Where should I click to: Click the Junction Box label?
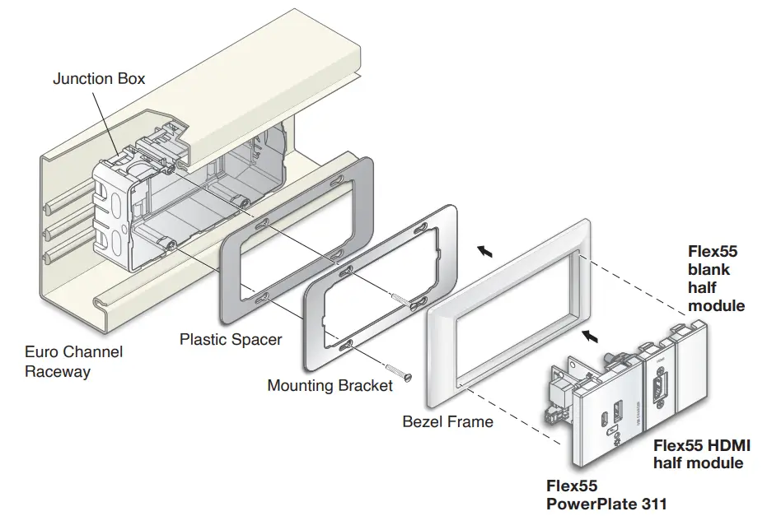point(99,79)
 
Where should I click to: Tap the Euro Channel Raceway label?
point(73,361)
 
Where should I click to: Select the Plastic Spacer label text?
point(231,339)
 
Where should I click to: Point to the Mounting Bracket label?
point(330,385)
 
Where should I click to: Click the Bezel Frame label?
point(447,421)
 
